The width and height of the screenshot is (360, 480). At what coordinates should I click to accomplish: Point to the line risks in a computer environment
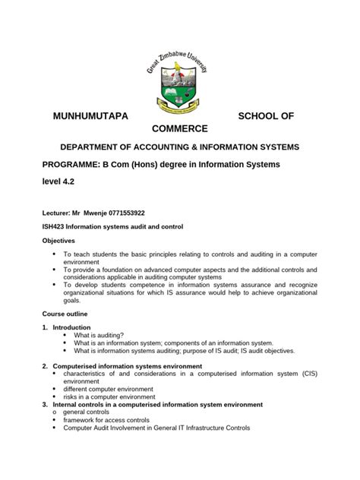pyautogui.click(x=109, y=397)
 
